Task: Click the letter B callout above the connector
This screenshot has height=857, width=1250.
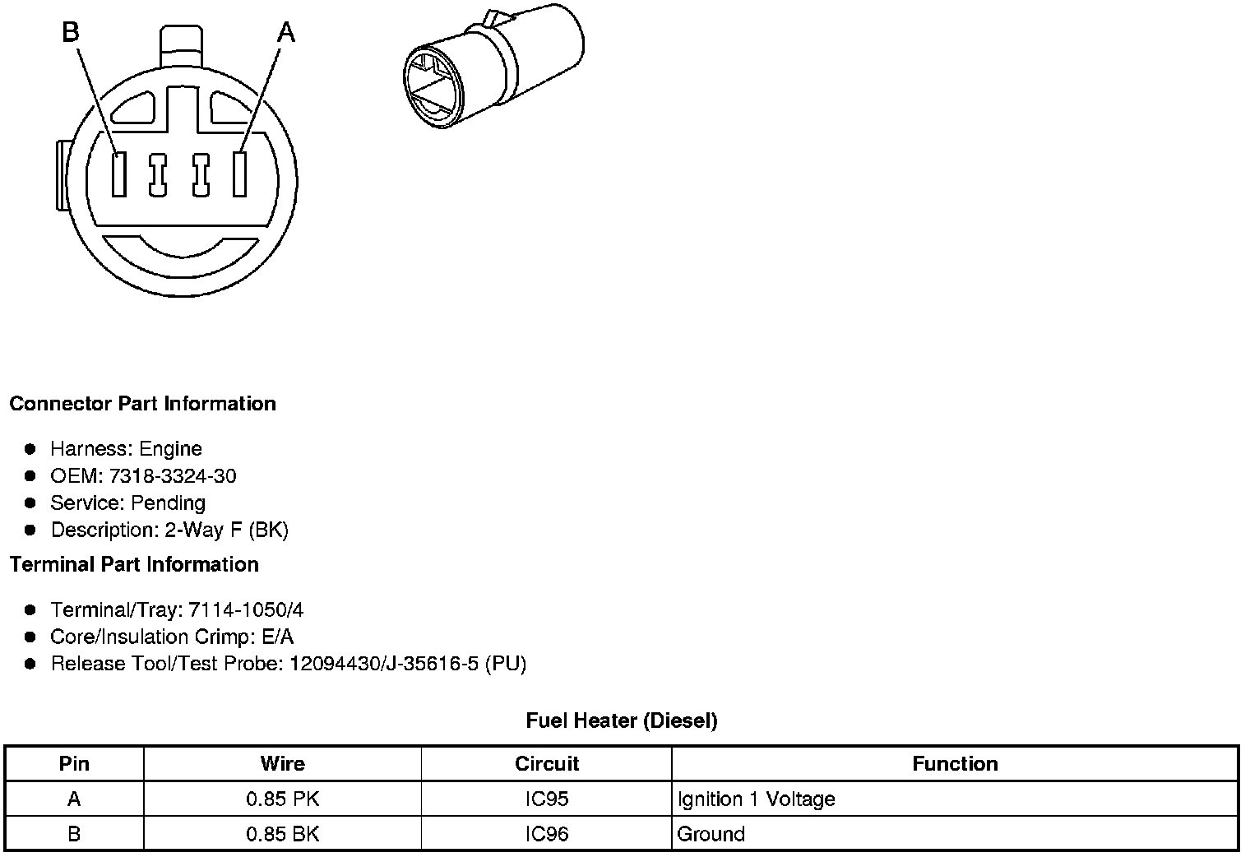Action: coord(71,32)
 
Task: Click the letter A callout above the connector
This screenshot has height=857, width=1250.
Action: coord(286,32)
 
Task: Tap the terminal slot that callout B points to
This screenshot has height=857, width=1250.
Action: coord(119,174)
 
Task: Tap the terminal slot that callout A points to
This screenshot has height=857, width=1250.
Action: coord(240,174)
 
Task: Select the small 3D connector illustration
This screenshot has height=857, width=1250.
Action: coord(493,66)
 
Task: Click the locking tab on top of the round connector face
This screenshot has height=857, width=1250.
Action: coord(182,46)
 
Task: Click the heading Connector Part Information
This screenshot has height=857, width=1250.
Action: coord(143,404)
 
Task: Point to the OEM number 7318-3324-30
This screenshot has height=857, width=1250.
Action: coord(173,476)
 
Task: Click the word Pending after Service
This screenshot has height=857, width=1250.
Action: coord(168,503)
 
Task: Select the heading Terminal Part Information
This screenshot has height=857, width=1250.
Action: coord(134,565)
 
